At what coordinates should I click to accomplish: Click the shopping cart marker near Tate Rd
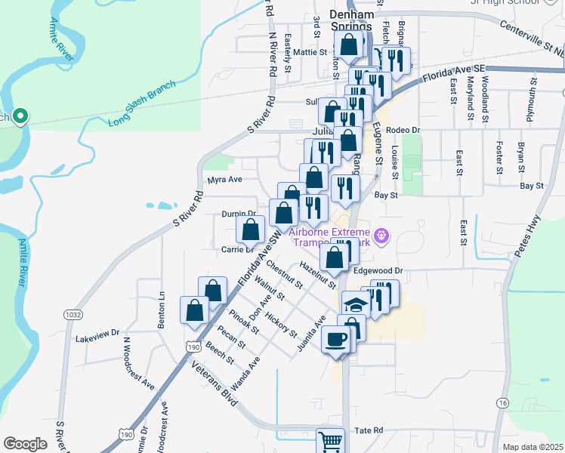330,441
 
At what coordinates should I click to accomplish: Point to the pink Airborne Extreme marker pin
382,235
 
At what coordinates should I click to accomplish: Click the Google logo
25,444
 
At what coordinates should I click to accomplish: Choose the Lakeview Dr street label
97,331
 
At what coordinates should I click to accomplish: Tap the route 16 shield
503,404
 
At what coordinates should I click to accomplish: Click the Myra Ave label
224,180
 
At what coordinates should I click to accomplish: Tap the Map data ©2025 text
533,447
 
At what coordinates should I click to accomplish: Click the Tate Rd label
369,430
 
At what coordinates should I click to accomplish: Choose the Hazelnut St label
316,273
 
